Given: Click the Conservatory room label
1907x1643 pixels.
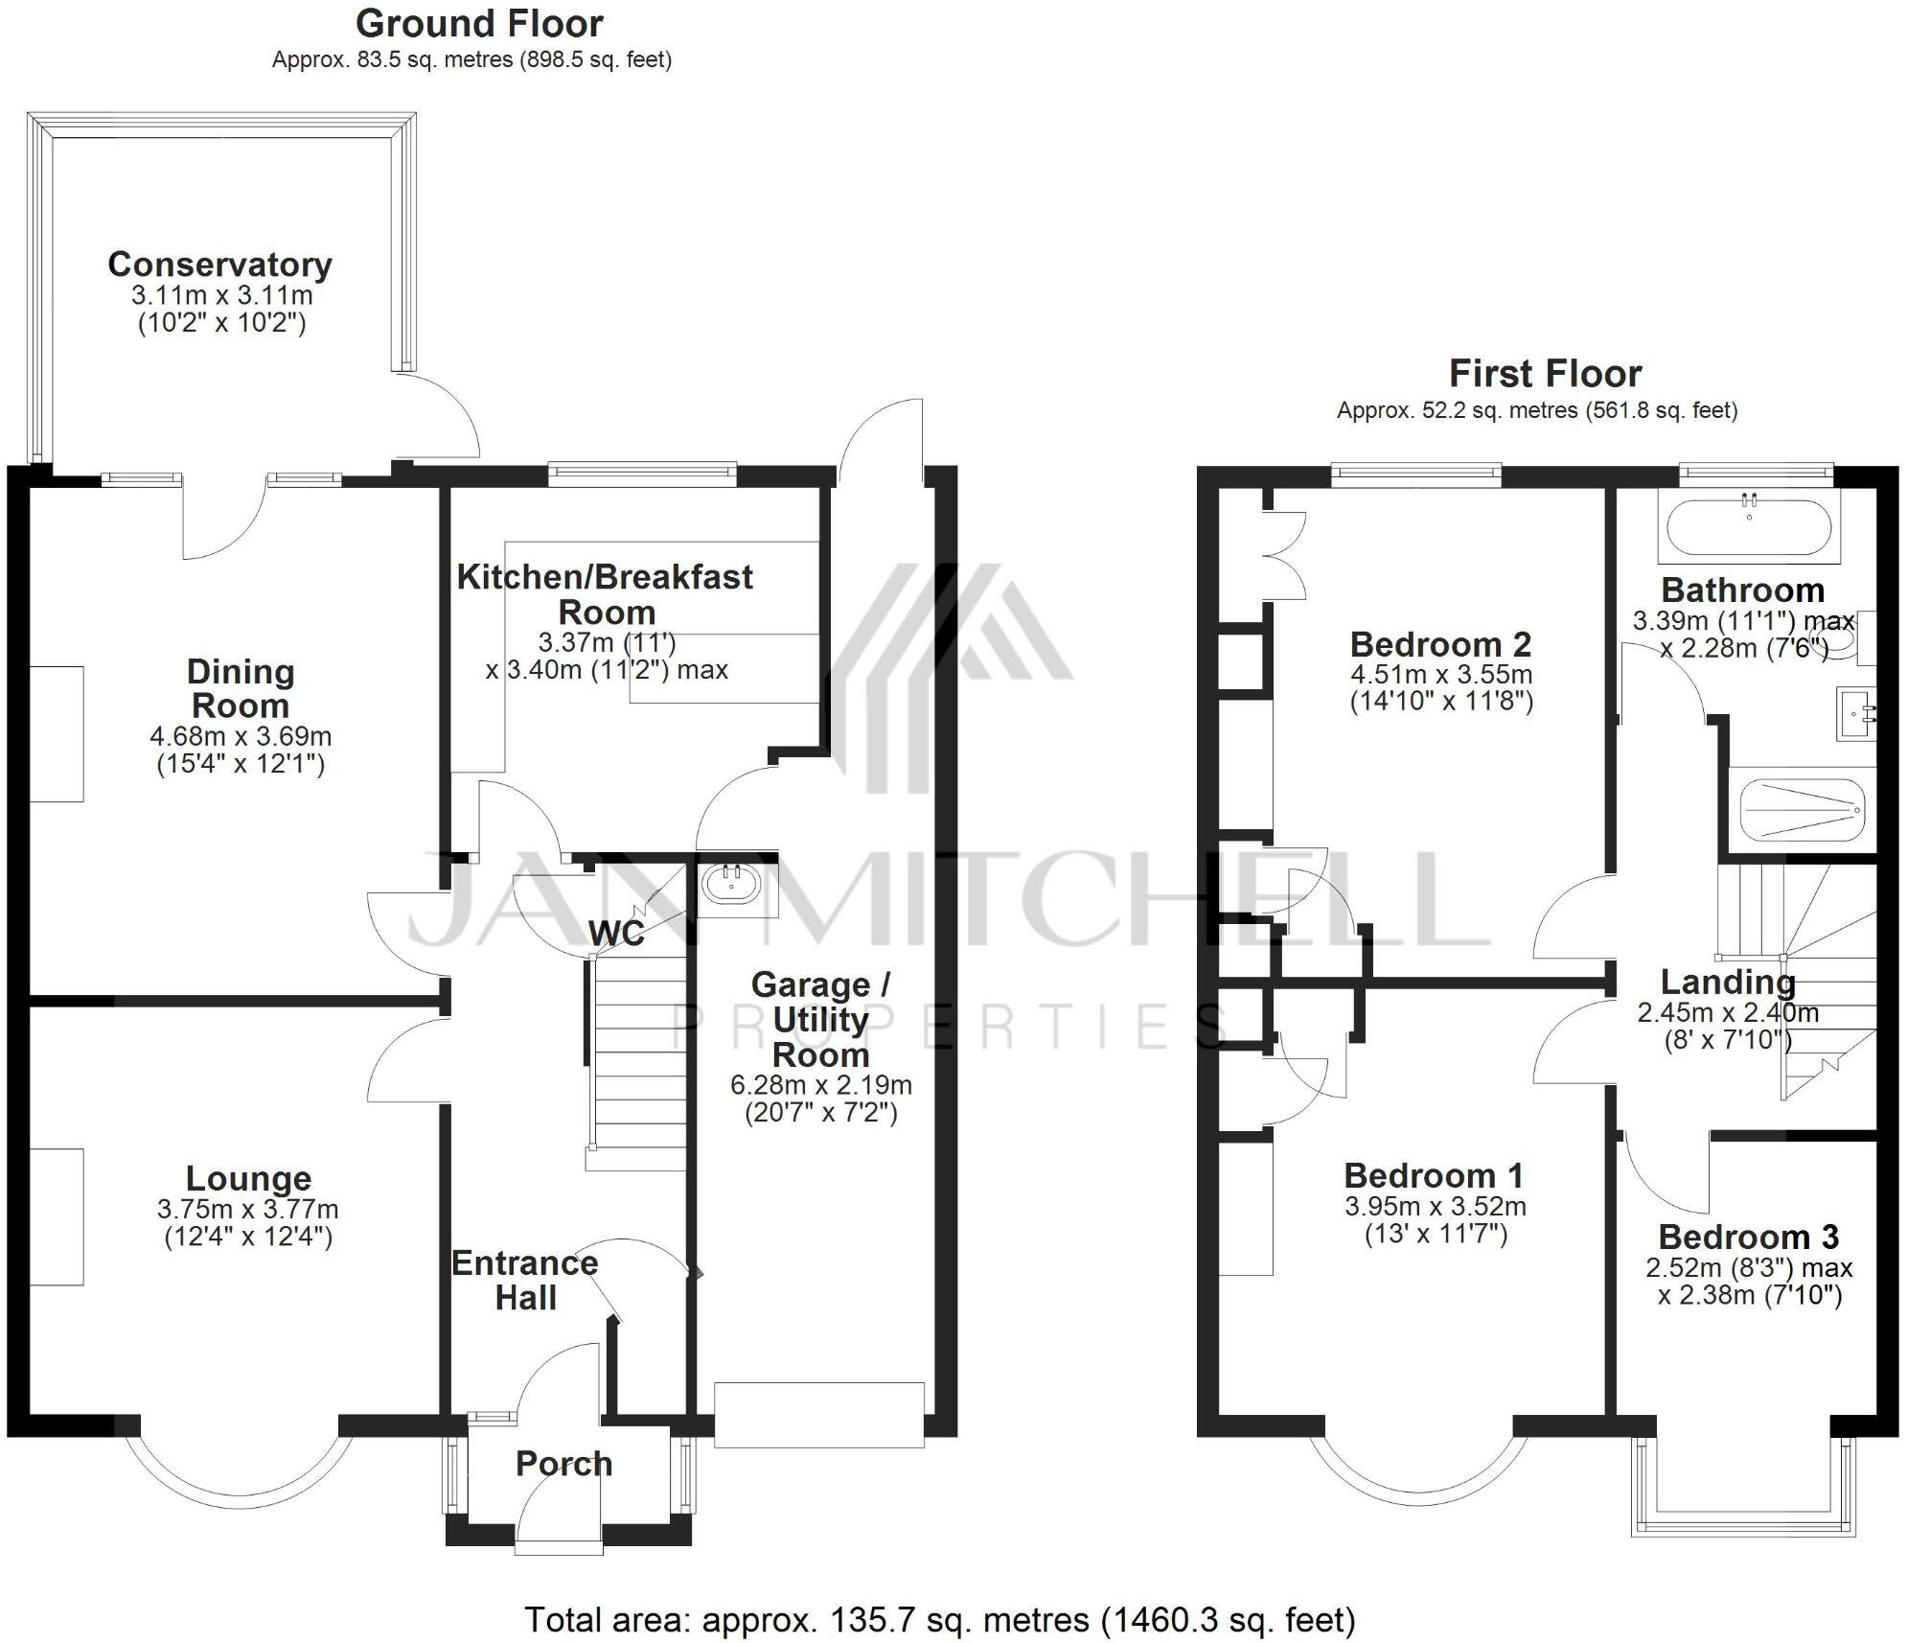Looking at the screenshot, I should click(x=219, y=265).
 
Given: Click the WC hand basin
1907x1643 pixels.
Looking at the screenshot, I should click(x=733, y=884).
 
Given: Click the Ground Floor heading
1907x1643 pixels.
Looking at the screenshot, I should click(x=479, y=23).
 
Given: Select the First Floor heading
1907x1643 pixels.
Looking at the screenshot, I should click(x=1545, y=373).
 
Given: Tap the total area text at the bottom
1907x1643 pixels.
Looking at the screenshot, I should click(x=939, y=1620).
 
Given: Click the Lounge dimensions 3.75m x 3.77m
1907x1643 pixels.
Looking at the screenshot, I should click(x=248, y=1210).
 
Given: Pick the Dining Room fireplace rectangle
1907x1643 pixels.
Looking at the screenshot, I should click(x=57, y=733).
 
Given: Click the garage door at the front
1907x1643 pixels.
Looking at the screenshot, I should click(x=818, y=1414).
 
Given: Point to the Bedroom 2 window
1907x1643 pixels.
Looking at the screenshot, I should click(x=1415, y=474).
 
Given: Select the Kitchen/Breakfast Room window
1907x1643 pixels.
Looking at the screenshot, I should click(x=642, y=473).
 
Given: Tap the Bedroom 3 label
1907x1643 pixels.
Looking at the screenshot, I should click(x=1748, y=1238).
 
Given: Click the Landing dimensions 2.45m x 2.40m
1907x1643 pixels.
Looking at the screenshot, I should click(x=1727, y=1012).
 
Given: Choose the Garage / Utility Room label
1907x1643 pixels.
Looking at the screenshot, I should click(x=820, y=1020).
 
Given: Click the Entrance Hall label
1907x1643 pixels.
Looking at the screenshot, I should click(x=524, y=1281).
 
